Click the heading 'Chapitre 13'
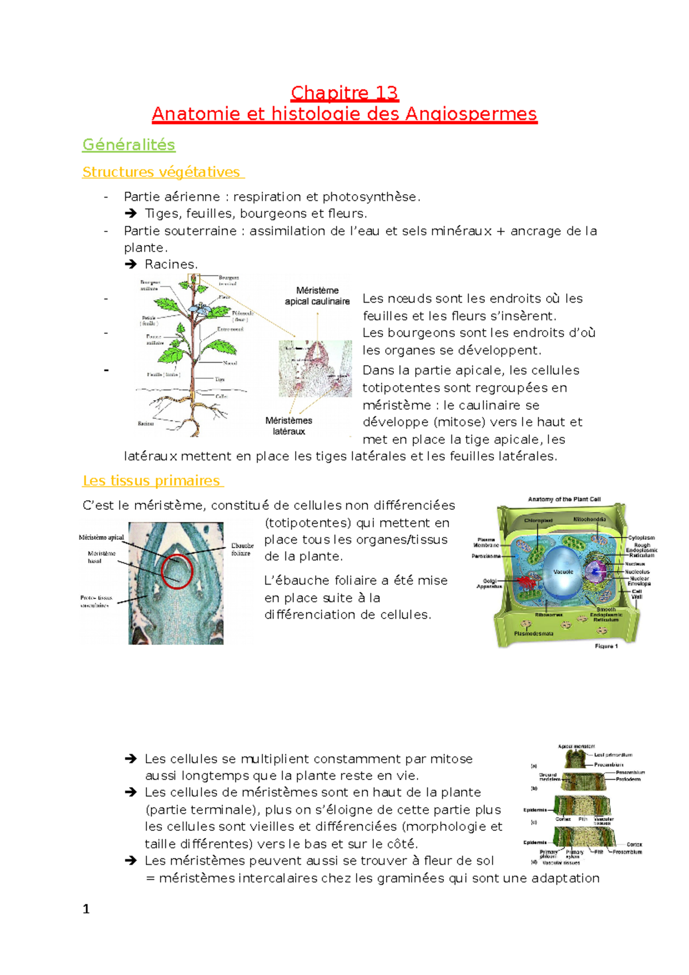(344, 93)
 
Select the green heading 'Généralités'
(129, 145)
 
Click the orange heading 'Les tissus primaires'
(152, 481)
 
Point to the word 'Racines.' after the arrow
(171, 265)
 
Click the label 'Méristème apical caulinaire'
(317, 296)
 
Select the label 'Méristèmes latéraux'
(289, 425)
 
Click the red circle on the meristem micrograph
(177, 571)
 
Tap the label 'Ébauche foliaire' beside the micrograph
(242, 550)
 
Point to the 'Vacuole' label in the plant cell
(563, 572)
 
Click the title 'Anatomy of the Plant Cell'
(564, 499)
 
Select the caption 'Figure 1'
(606, 646)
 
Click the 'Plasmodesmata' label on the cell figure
(533, 633)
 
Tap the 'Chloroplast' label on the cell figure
(538, 520)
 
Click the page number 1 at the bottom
(86, 909)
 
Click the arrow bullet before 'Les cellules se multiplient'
(131, 759)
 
